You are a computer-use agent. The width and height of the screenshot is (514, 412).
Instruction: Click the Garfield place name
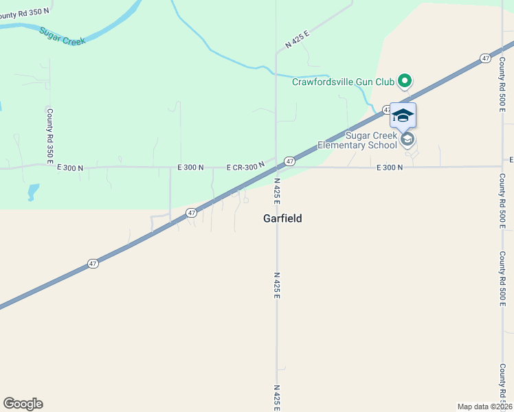pyautogui.click(x=282, y=218)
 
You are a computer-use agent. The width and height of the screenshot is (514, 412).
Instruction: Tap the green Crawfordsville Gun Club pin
pyautogui.click(x=405, y=82)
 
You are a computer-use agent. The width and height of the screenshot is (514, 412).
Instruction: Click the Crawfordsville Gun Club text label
pyautogui.click(x=343, y=82)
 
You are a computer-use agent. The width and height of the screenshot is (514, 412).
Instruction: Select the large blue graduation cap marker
pyautogui.click(x=403, y=115)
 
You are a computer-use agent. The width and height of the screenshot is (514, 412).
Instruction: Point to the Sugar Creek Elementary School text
pyautogui.click(x=357, y=139)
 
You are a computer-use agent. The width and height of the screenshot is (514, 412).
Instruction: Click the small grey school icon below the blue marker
pyautogui.click(x=407, y=139)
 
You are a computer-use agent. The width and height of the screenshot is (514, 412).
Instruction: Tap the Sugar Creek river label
pyautogui.click(x=63, y=36)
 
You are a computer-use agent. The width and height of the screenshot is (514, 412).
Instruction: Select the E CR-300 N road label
pyautogui.click(x=245, y=167)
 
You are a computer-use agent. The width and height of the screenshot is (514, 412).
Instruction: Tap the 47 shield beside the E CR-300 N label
pyautogui.click(x=290, y=161)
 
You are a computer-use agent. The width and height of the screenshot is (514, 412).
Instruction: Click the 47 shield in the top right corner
pyautogui.click(x=486, y=58)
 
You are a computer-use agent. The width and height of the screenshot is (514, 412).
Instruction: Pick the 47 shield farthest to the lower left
pyautogui.click(x=93, y=263)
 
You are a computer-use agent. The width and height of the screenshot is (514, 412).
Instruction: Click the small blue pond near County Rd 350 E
pyautogui.click(x=32, y=192)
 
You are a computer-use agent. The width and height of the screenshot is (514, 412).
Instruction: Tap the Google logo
pyautogui.click(x=23, y=404)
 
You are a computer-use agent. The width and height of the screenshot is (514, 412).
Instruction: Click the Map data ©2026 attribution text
pyautogui.click(x=484, y=407)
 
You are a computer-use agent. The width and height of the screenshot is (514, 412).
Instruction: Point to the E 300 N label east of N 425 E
pyautogui.click(x=389, y=167)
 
